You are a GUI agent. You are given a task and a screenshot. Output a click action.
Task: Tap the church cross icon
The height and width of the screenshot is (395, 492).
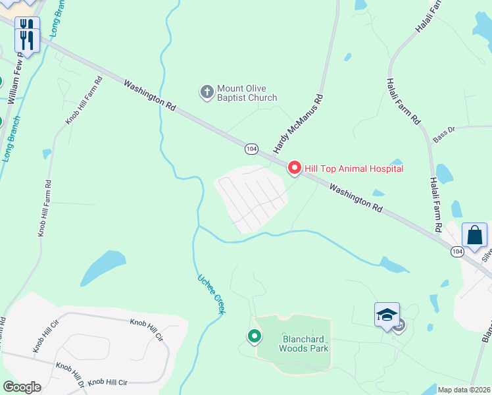click(x=207, y=92)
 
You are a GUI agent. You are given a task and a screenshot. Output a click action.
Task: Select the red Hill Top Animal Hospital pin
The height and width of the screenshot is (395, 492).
click(x=294, y=169)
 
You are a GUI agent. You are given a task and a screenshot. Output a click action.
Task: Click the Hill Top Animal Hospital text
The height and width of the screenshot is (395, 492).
click(x=353, y=169)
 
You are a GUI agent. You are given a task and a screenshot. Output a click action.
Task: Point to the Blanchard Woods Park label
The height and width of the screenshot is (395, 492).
click(x=305, y=344)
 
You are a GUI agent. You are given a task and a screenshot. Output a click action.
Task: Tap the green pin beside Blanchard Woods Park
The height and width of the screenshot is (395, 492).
click(x=255, y=336)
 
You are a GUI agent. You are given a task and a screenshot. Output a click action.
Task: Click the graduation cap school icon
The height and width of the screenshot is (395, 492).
click(x=387, y=314)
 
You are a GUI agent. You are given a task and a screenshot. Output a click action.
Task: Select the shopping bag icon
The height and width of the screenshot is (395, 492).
click(x=474, y=235)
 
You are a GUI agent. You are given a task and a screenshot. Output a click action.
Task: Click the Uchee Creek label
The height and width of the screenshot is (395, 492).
click(x=211, y=294)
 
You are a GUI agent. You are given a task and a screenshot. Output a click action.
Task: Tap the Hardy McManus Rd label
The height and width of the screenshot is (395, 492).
click(x=299, y=124)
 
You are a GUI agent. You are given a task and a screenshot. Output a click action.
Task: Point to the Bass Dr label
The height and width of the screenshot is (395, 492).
click(x=444, y=133)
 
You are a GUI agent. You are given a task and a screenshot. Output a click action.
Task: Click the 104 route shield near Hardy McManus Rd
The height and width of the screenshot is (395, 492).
click(x=251, y=149)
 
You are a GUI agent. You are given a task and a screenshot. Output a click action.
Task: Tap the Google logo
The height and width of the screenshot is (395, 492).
click(x=22, y=387)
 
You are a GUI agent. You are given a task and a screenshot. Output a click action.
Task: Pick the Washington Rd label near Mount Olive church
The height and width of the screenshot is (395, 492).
click(x=150, y=95)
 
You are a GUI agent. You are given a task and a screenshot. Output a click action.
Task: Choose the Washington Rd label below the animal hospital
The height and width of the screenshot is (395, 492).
click(x=355, y=197)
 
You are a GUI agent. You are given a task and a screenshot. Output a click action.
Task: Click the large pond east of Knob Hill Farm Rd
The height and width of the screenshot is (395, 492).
click(x=103, y=267)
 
